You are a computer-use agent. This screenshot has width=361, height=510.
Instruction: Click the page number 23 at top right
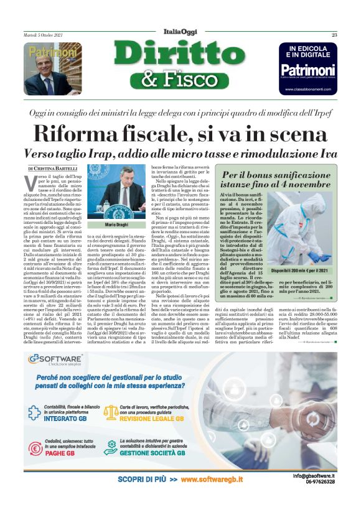coord(334,35)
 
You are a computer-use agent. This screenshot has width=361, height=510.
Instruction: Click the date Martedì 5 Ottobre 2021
coord(50,35)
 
